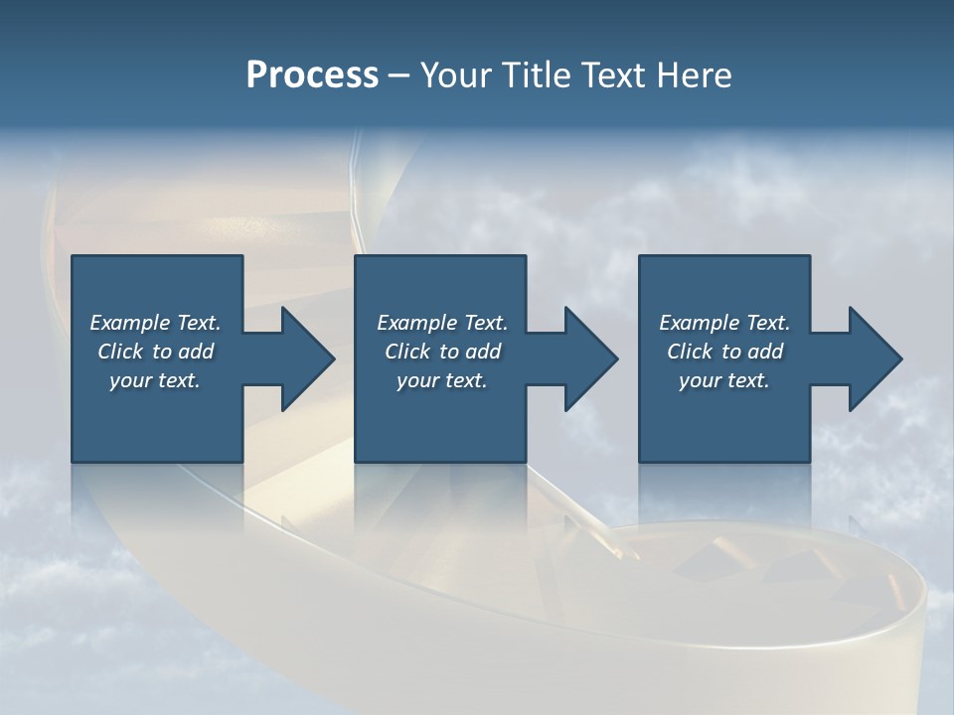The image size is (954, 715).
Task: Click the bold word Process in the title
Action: pos(312,75)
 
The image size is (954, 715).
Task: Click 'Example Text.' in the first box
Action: pos(155,323)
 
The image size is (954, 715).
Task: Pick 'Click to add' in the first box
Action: pos(155,352)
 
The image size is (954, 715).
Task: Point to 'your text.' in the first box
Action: pos(155,380)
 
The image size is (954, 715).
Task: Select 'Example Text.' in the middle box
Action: pos(442,323)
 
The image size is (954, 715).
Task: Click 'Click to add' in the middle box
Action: pos(442,352)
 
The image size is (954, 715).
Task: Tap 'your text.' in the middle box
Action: pos(442,380)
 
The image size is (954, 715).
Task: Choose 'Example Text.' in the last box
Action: pos(724,323)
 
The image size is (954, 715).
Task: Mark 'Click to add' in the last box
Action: pos(724,352)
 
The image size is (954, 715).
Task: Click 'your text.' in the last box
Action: pos(724,380)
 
